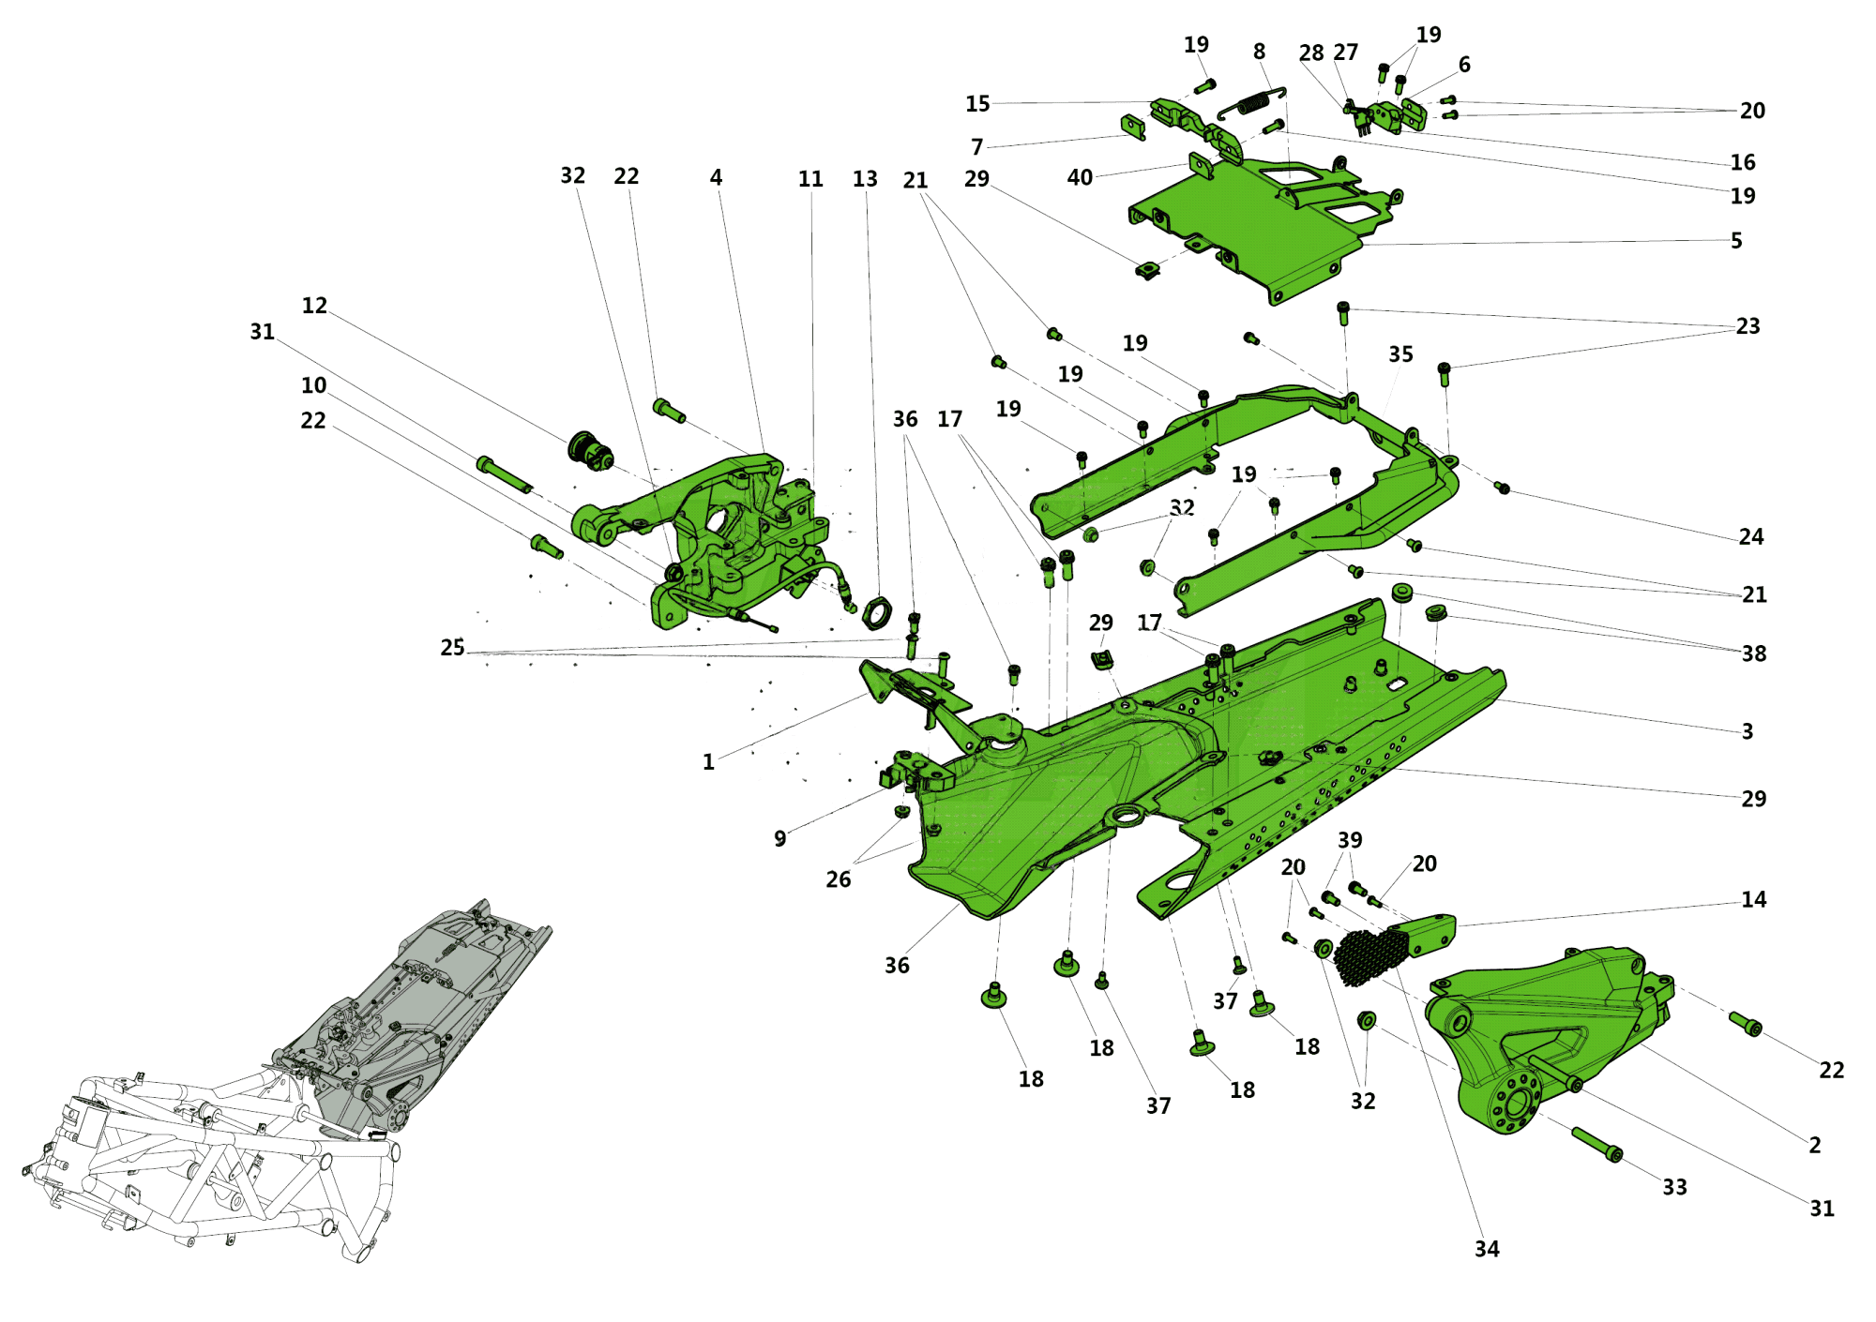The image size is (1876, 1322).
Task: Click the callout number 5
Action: pos(1736,241)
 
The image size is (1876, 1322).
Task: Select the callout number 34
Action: pos(1487,1249)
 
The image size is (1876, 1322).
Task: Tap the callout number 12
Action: pos(314,306)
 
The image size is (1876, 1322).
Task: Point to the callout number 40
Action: pos(1080,177)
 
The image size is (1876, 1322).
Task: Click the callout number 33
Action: pos(1674,1187)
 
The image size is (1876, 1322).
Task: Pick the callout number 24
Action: pos(1750,537)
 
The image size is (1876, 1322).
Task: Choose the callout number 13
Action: pos(865,179)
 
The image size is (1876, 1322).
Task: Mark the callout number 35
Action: pos(1400,354)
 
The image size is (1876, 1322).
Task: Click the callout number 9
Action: pos(780,838)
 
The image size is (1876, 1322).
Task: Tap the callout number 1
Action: pos(709,762)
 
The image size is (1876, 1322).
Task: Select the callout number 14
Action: pos(1753,900)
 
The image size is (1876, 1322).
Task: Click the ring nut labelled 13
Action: pos(877,611)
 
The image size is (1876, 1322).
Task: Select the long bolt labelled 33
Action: pos(1596,1144)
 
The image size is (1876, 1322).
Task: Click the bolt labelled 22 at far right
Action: pos(1746,1024)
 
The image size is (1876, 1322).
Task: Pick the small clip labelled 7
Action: pos(1133,127)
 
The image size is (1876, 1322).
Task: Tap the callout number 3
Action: pos(1747,731)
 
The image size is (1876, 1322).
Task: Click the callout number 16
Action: pos(1742,162)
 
